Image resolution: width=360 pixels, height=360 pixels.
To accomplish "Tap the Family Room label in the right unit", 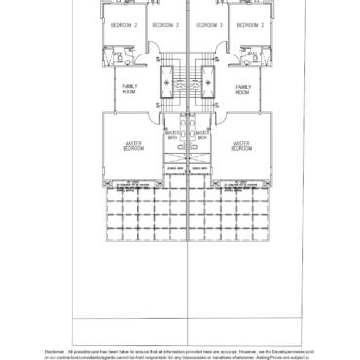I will (242, 90).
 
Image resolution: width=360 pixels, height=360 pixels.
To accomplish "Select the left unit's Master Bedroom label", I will (133, 146).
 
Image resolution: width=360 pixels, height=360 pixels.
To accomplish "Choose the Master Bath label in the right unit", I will (201, 135).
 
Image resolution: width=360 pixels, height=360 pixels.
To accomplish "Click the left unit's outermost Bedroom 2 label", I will (124, 25).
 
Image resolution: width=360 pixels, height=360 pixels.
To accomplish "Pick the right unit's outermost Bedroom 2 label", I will (247, 25).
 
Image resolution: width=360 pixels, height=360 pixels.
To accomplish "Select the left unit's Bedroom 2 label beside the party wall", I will (164, 25).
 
